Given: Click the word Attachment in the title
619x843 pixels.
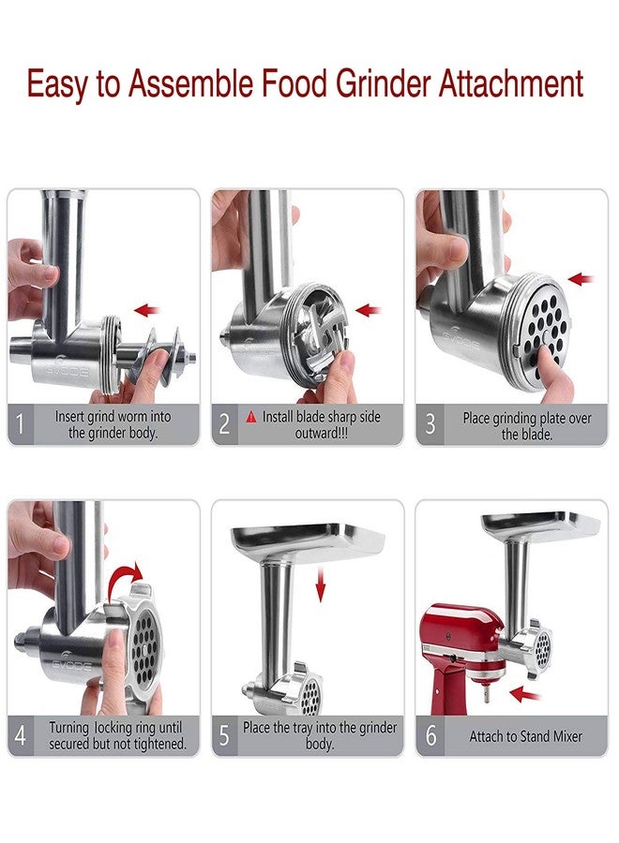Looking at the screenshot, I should (510, 84).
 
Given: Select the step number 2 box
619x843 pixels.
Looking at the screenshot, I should (224, 424).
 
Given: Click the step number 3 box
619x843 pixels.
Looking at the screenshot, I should (430, 424).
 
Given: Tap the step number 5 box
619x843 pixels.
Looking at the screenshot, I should (224, 736).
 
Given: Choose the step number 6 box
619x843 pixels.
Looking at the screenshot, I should (430, 736).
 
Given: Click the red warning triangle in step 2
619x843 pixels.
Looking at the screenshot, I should (250, 417).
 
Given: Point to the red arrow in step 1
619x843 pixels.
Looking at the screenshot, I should (147, 309).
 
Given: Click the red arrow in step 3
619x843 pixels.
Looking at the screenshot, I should (581, 279).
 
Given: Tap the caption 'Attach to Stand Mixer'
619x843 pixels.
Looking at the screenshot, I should (525, 736).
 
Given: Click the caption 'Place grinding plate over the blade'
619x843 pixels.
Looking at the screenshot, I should (527, 425).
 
